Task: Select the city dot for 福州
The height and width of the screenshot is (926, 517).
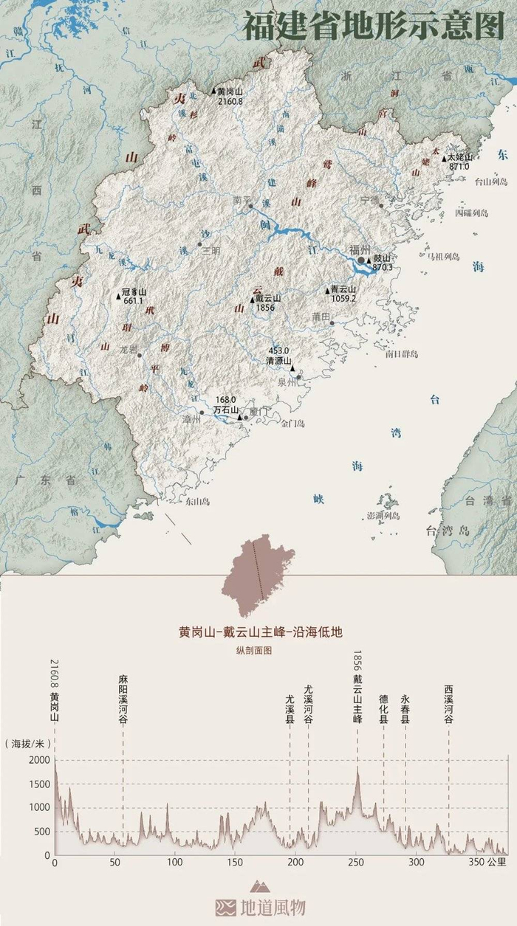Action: [360, 260]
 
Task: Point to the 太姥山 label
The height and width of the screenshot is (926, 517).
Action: [459, 157]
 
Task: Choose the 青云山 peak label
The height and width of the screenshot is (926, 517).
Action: [343, 290]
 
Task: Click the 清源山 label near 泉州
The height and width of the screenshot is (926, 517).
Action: [278, 362]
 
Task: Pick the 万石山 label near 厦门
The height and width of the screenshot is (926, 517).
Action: [225, 410]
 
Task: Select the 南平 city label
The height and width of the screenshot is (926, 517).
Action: [242, 199]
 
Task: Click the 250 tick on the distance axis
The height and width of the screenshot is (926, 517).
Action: [357, 862]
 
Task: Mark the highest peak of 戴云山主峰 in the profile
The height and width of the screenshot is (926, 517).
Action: [357, 767]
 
